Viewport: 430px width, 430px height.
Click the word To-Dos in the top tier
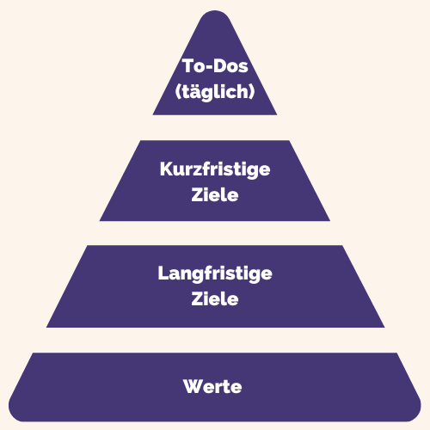pos(215,66)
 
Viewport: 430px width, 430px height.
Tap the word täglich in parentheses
pos(215,92)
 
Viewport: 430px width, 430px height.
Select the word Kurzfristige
pos(215,169)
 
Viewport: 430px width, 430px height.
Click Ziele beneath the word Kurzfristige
pos(215,195)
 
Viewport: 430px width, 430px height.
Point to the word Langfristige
pos(215,273)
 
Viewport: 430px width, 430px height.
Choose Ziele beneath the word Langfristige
pos(215,298)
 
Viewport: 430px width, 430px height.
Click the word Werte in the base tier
pos(212,386)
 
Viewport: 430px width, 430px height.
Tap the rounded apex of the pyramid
pos(215,11)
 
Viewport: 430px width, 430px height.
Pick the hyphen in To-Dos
pos(209,67)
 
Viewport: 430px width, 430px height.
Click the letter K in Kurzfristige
pos(166,169)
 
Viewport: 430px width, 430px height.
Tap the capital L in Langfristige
pos(163,273)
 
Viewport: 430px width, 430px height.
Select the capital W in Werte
pos(193,386)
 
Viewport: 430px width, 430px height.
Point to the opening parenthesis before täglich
pos(178,92)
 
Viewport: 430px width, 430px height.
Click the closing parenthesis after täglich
pos(252,92)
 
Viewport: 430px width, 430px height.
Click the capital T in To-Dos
pos(188,65)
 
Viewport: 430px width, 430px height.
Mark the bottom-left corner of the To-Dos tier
pos(153,115)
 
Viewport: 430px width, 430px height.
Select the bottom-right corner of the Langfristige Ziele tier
pos(384,327)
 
